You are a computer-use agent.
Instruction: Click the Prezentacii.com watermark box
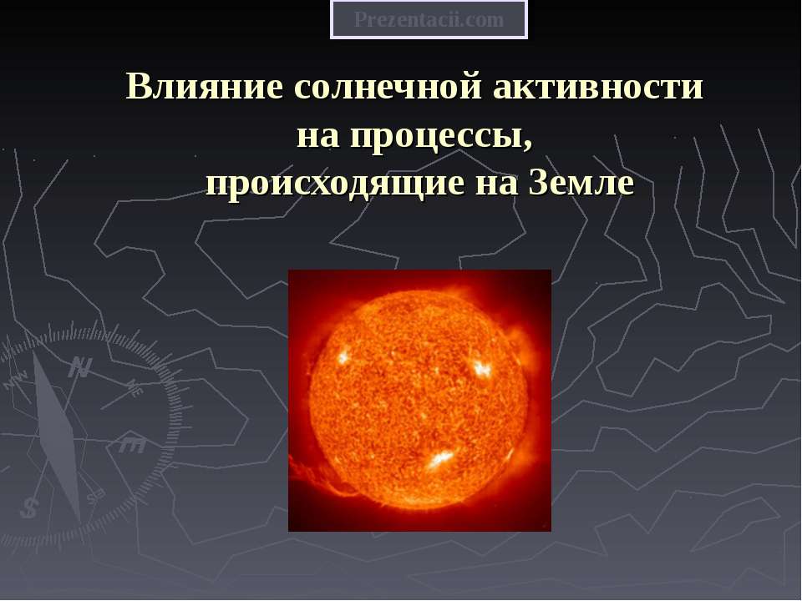click(429, 20)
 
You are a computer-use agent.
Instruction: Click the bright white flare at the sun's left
click(343, 356)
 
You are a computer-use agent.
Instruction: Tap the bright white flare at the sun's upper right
click(481, 366)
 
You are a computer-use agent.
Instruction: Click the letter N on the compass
click(80, 366)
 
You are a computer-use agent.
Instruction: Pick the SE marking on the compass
click(96, 496)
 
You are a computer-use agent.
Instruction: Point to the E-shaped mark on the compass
click(131, 445)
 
